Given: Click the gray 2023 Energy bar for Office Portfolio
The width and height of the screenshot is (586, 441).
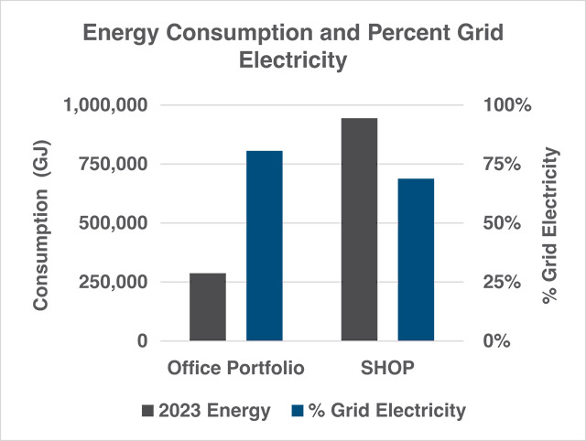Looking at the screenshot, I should (207, 307).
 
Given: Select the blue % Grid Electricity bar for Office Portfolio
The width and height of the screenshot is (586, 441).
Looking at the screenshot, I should (264, 245).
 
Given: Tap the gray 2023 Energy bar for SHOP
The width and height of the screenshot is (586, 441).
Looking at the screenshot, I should (359, 229).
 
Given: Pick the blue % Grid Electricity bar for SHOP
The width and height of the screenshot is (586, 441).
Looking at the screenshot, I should (416, 259).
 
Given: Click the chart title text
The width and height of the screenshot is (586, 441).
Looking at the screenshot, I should (293, 47).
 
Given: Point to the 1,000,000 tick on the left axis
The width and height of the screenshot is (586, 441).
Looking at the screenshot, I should (104, 105).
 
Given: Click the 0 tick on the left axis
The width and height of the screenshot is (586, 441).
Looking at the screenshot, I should (140, 340).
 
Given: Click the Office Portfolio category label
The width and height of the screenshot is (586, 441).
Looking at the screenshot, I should (235, 369).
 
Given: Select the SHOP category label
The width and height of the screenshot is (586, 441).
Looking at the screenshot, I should (388, 369).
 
